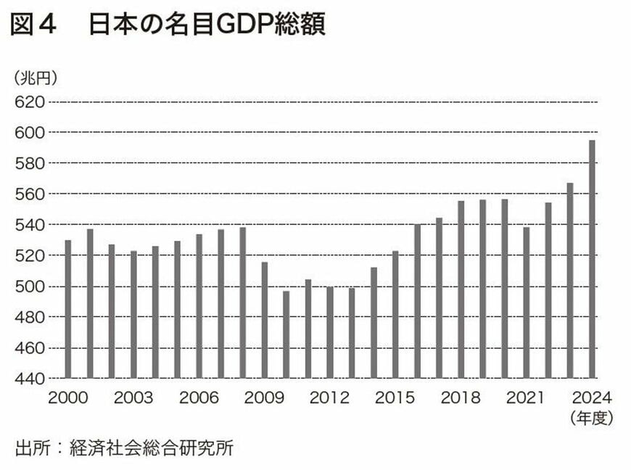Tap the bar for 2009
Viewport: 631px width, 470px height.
(264, 320)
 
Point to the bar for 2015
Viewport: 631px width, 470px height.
(395, 314)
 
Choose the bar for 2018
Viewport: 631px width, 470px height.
(461, 289)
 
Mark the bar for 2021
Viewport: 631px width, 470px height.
(527, 302)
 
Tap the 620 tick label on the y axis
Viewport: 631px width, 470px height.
(28, 102)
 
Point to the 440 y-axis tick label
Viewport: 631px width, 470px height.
(28, 379)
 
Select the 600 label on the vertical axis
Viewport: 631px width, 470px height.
(28, 132)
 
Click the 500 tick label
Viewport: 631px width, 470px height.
(28, 286)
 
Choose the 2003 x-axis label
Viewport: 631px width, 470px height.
(133, 398)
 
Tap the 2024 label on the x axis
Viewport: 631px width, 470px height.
(592, 398)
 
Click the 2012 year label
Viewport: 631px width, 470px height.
(329, 398)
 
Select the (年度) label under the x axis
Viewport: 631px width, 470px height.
(591, 419)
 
